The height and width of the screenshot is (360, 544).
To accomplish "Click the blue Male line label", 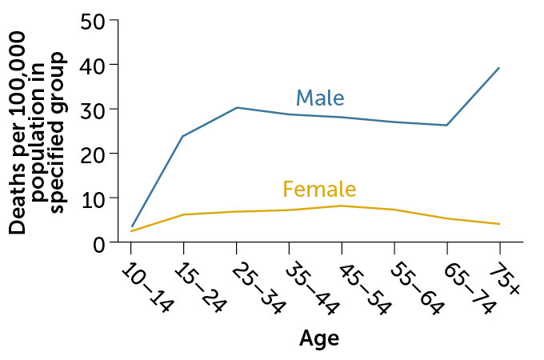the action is pyautogui.click(x=320, y=98).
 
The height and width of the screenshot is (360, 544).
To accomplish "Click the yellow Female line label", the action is pyautogui.click(x=319, y=189).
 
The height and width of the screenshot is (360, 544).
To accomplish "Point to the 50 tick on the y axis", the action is pyautogui.click(x=93, y=22).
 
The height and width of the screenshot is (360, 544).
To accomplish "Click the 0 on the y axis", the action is pyautogui.click(x=99, y=246).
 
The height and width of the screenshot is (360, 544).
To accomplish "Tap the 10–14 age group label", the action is pyautogui.click(x=147, y=289).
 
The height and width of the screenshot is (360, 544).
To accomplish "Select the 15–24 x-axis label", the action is pyautogui.click(x=200, y=289).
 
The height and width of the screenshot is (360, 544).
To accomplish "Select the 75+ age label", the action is pyautogui.click(x=505, y=279).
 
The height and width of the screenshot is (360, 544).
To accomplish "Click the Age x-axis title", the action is pyautogui.click(x=319, y=339).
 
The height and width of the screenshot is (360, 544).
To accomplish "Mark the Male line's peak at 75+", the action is pyautogui.click(x=499, y=68).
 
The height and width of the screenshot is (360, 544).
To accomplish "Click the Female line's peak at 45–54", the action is pyautogui.click(x=342, y=206).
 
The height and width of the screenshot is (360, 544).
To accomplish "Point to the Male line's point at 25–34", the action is pyautogui.click(x=237, y=107).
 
